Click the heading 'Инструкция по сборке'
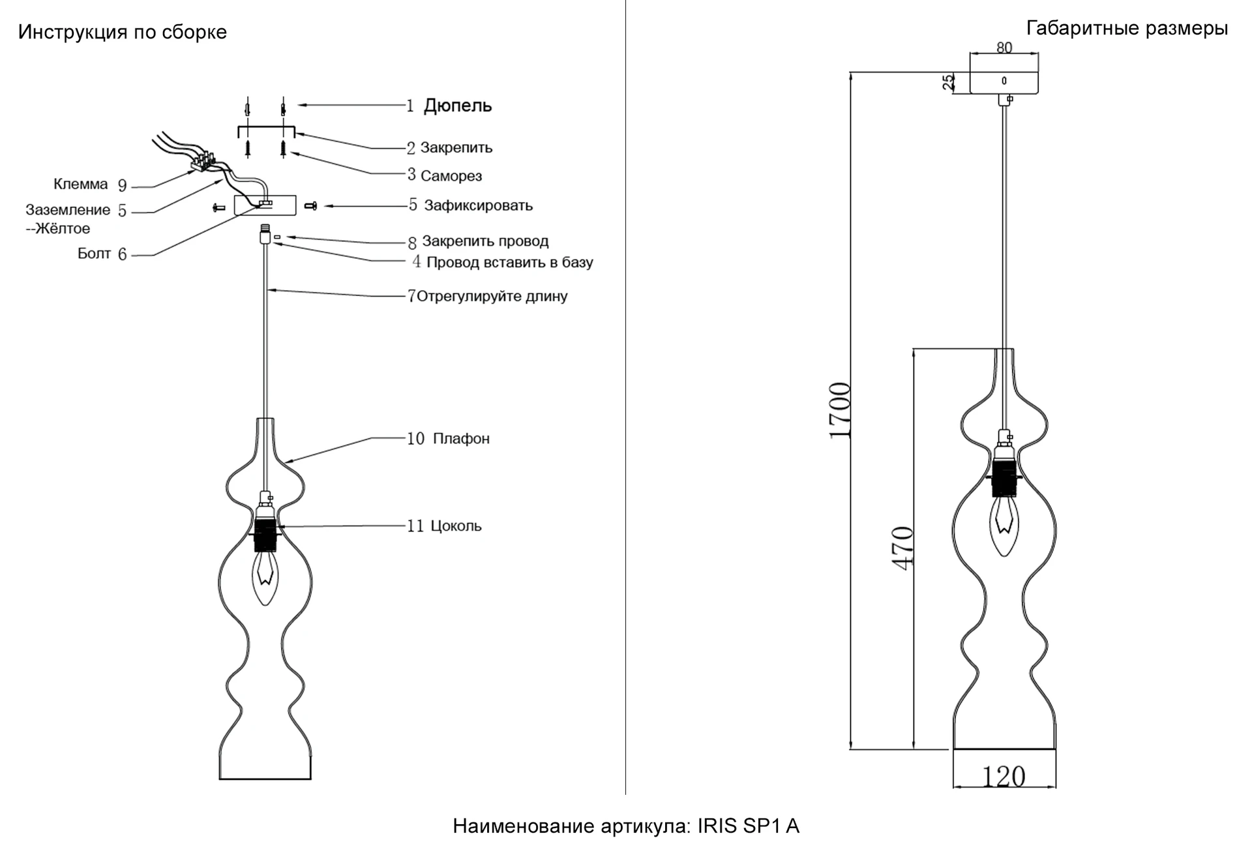(123, 32)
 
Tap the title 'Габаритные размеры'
(1127, 28)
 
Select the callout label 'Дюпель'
(458, 106)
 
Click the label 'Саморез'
(451, 176)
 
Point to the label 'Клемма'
(80, 185)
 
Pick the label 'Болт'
(94, 254)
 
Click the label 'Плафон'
(461, 439)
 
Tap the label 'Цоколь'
(456, 526)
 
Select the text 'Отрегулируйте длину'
(492, 297)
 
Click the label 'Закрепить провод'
(485, 241)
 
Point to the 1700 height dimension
(840, 411)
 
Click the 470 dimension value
(903, 548)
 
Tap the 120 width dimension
(1004, 777)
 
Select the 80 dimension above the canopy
(1004, 48)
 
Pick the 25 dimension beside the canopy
(949, 82)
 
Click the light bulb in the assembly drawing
(265, 576)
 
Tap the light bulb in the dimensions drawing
(1004, 526)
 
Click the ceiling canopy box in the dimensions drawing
(1004, 82)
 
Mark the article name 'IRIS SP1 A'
(749, 827)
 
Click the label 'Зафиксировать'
(478, 206)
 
